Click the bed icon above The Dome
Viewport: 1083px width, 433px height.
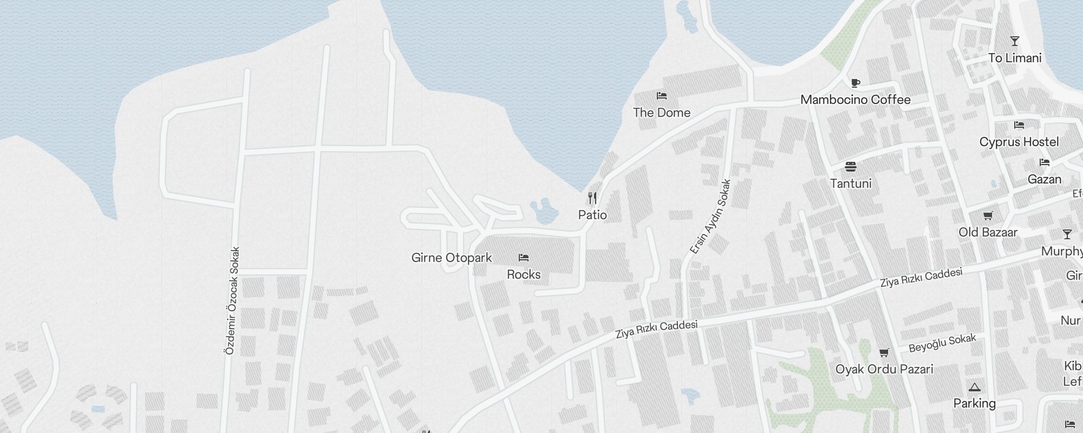coord(661,96)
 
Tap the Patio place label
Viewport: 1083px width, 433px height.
coord(592,215)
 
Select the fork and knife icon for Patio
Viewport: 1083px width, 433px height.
coord(592,198)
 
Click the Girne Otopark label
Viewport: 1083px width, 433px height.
coord(452,258)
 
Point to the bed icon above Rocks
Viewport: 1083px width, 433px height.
coord(524,258)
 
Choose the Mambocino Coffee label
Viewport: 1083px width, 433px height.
coord(856,100)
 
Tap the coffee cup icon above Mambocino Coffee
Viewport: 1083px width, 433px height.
coord(856,83)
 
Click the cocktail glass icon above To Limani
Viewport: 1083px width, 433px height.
coord(1015,41)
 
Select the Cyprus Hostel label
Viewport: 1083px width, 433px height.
coord(1019,142)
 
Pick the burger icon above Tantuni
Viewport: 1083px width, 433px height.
coord(851,166)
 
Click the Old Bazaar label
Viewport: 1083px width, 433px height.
coord(988,232)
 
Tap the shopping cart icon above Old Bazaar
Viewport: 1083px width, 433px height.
coord(988,216)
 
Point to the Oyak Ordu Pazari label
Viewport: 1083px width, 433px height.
coord(884,369)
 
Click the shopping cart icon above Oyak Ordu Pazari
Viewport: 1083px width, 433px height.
coord(884,353)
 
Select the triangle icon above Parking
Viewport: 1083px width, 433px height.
coord(975,387)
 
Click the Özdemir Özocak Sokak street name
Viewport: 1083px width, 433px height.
coord(231,301)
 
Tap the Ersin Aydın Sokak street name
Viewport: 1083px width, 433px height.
coord(710,217)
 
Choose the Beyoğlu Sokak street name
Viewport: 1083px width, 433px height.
coord(942,343)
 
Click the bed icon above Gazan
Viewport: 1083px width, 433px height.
coord(1045,162)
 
